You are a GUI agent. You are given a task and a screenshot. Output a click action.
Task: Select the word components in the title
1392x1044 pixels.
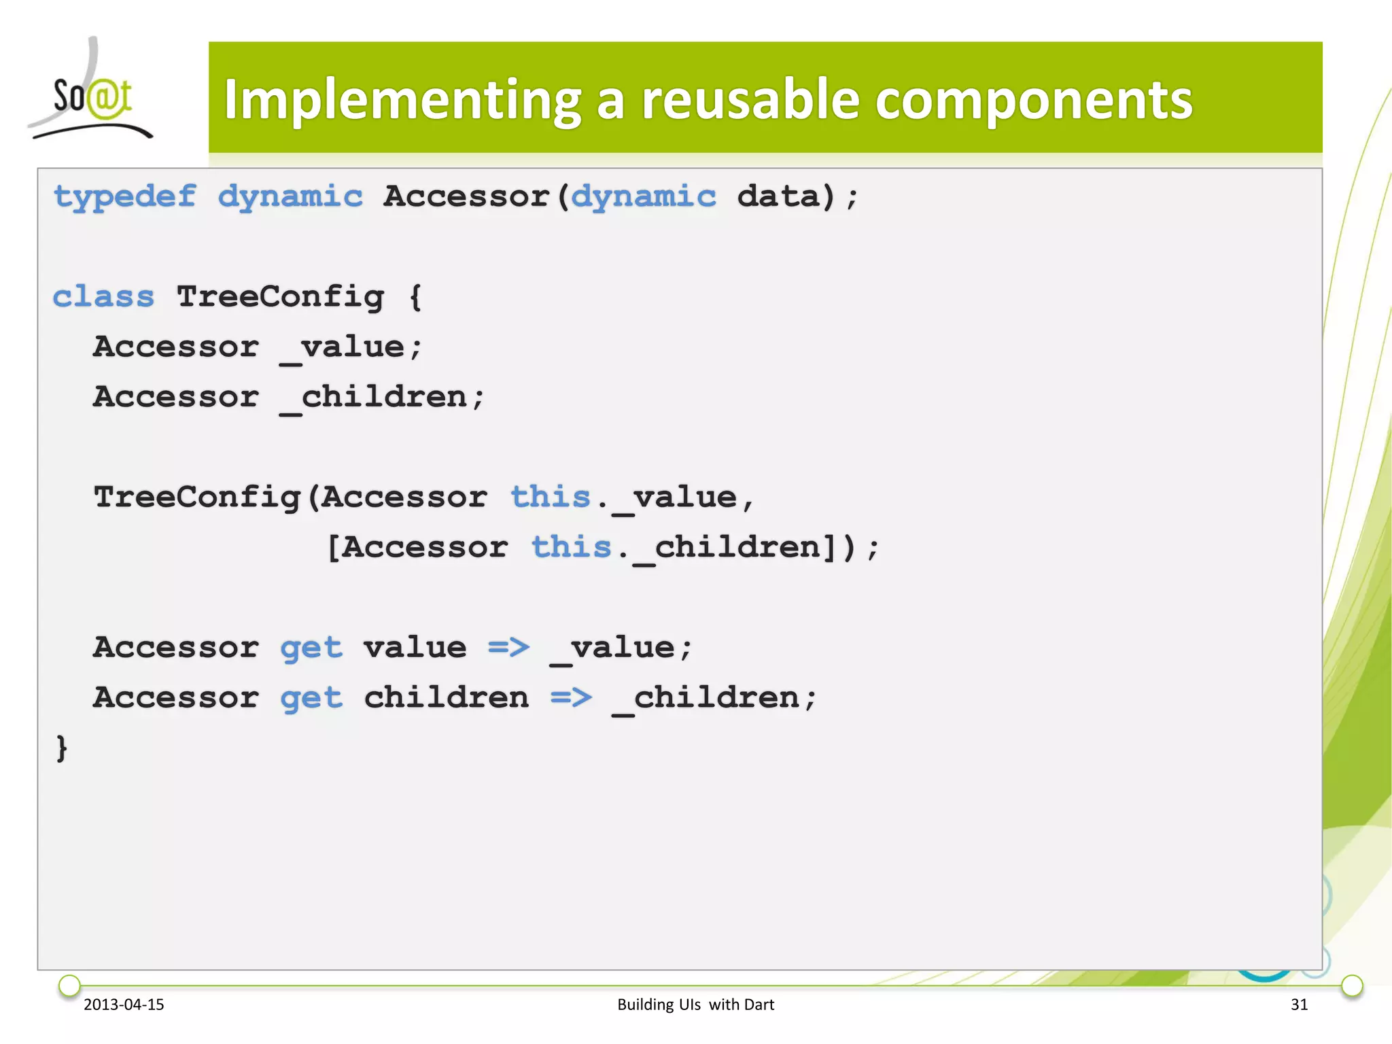pos(1033,101)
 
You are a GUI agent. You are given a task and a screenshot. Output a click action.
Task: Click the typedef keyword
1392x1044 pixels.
pos(125,197)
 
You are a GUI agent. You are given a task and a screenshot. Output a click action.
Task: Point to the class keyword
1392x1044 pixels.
pos(103,296)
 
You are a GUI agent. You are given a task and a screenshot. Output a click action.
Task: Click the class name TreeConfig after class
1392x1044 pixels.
pos(280,296)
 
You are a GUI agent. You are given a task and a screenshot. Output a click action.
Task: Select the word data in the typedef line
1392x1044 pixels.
pos(778,196)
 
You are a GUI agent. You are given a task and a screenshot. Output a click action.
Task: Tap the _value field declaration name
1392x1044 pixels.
pos(343,347)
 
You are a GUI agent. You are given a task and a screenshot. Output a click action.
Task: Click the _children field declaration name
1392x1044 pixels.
pos(374,398)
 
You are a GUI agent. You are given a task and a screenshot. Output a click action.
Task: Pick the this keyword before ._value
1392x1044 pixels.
pos(551,497)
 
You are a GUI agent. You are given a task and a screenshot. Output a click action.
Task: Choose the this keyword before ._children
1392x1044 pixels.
pos(571,547)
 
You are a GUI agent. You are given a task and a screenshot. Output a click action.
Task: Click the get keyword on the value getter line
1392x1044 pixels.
pos(311,648)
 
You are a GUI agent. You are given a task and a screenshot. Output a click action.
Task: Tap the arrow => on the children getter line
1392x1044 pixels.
pos(571,697)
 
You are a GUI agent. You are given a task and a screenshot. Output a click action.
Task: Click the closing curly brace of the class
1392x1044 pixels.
pos(62,748)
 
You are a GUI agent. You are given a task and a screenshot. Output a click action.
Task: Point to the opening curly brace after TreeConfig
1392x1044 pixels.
pos(415,296)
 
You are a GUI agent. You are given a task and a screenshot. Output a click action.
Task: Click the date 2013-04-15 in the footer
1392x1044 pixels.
pos(124,1004)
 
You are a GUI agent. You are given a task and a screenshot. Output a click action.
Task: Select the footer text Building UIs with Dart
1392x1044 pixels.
pos(695,1004)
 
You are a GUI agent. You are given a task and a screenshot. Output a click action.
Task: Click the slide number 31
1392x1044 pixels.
pos(1299,1004)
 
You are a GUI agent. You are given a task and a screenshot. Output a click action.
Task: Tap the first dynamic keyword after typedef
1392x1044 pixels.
pos(290,197)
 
